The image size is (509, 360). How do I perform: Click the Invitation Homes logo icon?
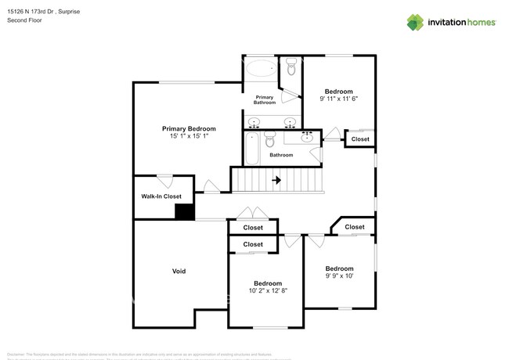[415, 23]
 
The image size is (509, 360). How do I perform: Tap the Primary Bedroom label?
[189, 128]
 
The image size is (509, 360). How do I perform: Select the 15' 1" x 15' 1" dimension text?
[189, 136]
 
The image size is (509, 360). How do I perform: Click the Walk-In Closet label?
[161, 196]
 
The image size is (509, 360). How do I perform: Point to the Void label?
[179, 272]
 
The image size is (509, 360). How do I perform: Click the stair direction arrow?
[276, 180]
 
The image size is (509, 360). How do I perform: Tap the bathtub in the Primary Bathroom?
[261, 68]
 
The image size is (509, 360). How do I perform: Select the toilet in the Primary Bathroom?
[291, 69]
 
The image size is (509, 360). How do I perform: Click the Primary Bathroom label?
[265, 99]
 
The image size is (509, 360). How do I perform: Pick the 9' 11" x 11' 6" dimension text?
[338, 99]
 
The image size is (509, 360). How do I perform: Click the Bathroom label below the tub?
[281, 155]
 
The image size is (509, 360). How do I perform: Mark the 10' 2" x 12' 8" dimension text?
[268, 290]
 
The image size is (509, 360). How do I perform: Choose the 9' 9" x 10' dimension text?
[339, 275]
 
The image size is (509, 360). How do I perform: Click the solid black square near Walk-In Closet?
[184, 211]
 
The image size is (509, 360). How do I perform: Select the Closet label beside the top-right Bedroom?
[360, 139]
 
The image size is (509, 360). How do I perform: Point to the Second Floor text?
[26, 20]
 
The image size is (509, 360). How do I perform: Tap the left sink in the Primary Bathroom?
[254, 122]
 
